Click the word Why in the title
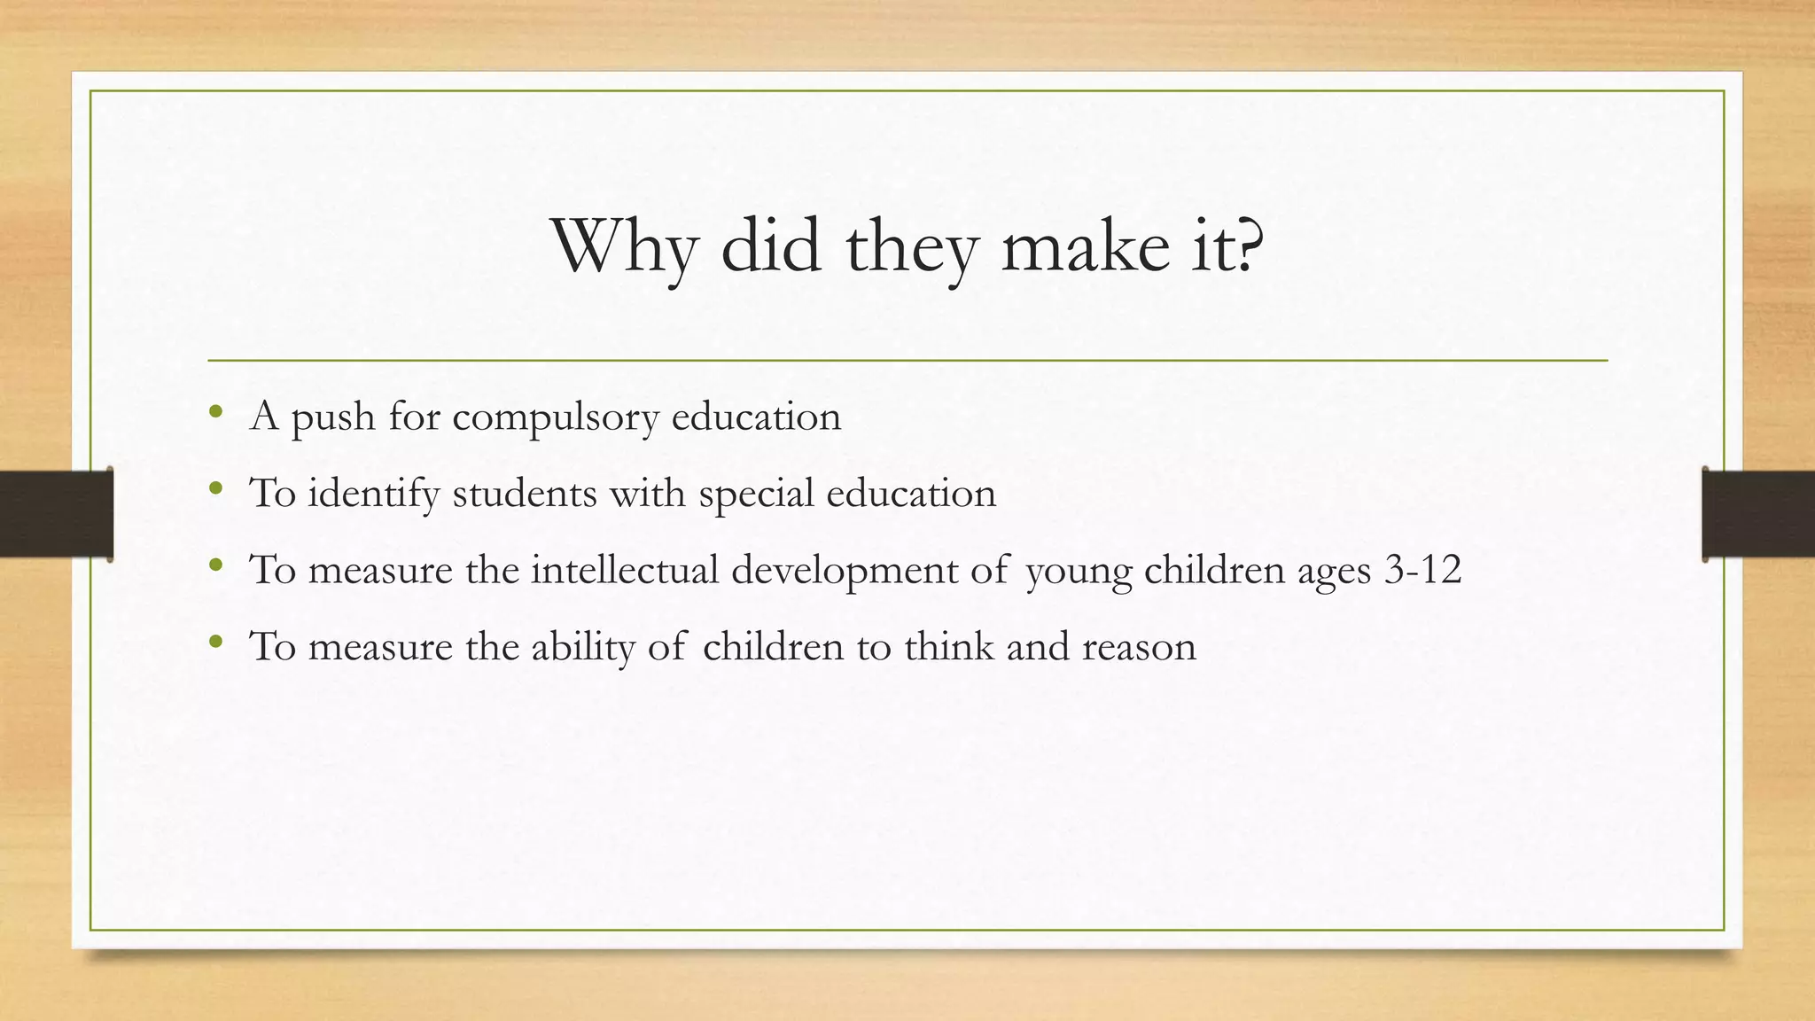(624, 246)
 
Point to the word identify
(373, 494)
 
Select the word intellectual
(625, 569)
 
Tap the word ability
(583, 647)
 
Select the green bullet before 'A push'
(215, 411)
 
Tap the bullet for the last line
(215, 641)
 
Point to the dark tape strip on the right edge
(1758, 514)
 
